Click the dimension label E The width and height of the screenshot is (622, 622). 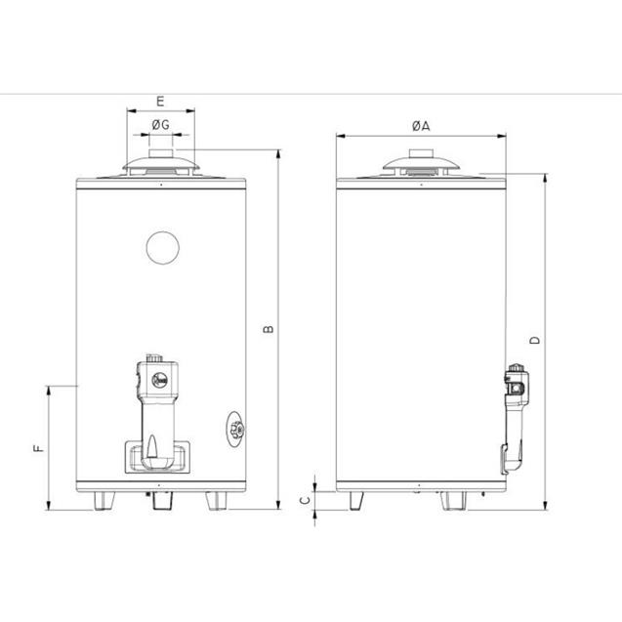point(160,102)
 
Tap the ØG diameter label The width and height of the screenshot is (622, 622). point(161,125)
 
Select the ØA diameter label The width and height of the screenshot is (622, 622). point(421,126)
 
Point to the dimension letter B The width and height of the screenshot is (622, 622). point(269,329)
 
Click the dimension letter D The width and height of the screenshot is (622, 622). point(535,341)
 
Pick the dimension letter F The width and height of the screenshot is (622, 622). point(38,448)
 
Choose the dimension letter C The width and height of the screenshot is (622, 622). point(305,500)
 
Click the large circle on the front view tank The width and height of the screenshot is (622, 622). point(163,248)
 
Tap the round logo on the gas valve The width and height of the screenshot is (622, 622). point(160,381)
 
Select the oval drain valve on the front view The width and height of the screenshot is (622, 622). point(236,429)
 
